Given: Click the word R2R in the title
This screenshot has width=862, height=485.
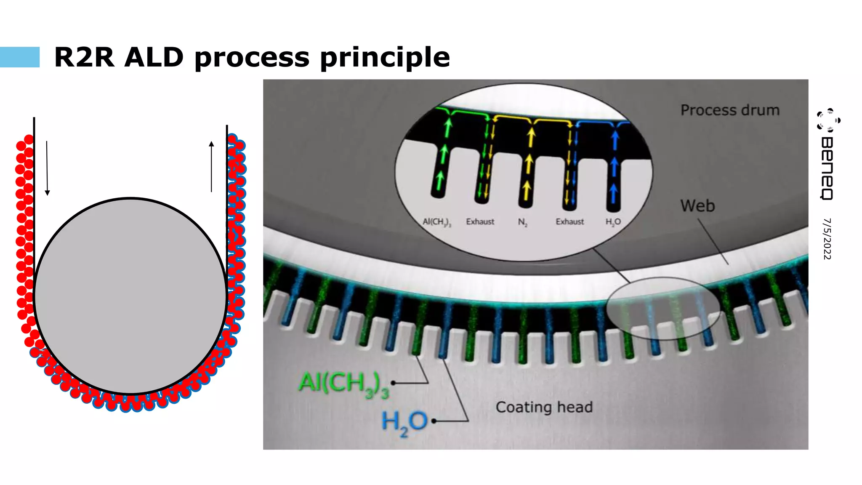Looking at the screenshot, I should pyautogui.click(x=84, y=57).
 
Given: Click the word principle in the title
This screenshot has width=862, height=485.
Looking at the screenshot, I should pyautogui.click(x=385, y=58).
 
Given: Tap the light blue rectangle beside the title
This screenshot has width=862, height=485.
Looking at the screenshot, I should pyautogui.click(x=20, y=57).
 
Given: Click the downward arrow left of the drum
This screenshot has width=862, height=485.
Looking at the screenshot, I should pyautogui.click(x=47, y=168).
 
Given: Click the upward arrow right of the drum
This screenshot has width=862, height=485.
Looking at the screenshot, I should pyautogui.click(x=211, y=167).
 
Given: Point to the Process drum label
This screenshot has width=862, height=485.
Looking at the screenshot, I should pyautogui.click(x=730, y=110).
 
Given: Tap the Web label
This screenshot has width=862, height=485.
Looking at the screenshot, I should pyautogui.click(x=697, y=206).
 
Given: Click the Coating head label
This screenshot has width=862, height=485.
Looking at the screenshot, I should pyautogui.click(x=544, y=407).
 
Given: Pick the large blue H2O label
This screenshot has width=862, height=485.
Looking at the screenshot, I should pyautogui.click(x=404, y=422).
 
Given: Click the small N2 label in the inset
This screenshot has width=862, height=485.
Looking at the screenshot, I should pyautogui.click(x=522, y=222).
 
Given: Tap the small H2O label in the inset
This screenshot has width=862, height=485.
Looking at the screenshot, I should pyautogui.click(x=613, y=222).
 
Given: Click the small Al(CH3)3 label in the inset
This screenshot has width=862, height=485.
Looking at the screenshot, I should pyautogui.click(x=436, y=222).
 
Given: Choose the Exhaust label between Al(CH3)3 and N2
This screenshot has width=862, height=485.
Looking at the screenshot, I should pyautogui.click(x=480, y=221).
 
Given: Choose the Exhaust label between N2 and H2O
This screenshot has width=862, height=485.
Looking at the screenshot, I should pyautogui.click(x=569, y=221).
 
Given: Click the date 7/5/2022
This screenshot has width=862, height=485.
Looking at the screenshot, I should pyautogui.click(x=827, y=239).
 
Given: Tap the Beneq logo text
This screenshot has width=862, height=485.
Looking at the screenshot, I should pyautogui.click(x=827, y=168).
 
